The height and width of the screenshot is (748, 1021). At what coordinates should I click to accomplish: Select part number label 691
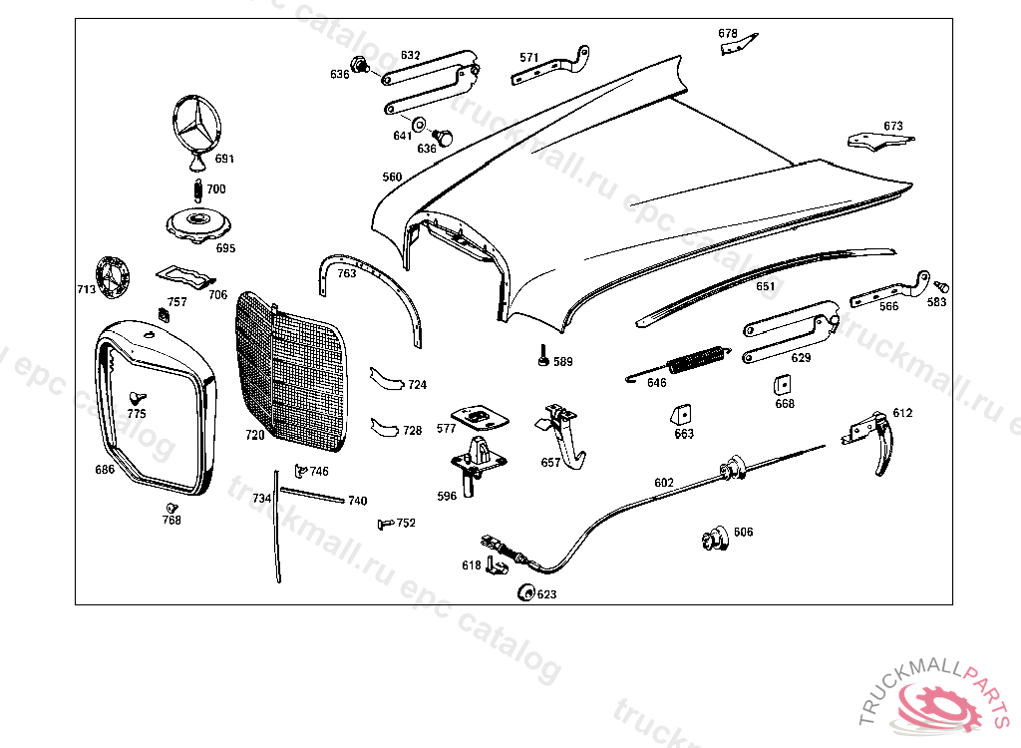pos(224,159)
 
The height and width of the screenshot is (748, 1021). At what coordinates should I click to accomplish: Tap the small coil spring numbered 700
pos(197,187)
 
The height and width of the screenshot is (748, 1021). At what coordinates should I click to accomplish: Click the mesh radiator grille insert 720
pos(291,374)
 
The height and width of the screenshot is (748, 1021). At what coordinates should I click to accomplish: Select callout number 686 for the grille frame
pos(105,470)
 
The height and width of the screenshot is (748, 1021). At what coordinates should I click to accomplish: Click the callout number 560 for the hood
pos(392,178)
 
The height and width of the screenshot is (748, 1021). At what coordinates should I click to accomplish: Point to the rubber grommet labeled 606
pos(713,538)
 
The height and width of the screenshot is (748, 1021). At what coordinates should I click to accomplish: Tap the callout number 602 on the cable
pos(664,483)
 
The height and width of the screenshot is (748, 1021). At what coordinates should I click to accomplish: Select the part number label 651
pos(765,286)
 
